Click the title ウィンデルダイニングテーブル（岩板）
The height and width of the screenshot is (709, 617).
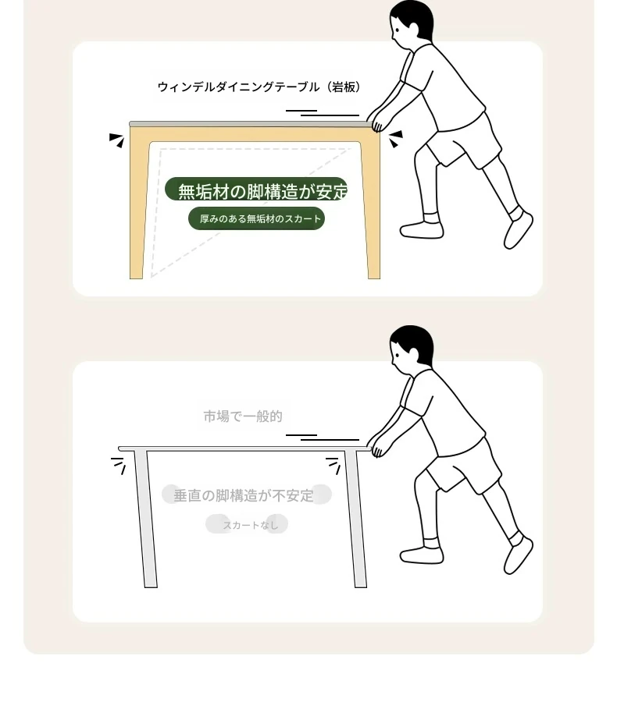coord(259,87)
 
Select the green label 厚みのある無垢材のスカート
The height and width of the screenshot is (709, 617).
coord(256,219)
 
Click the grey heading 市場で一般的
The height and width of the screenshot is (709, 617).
coord(243,416)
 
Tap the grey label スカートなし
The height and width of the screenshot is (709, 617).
coord(248,524)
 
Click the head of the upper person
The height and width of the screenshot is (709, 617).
coord(411,23)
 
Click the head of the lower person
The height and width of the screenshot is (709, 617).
coord(411,347)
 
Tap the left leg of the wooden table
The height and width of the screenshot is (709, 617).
coord(138,204)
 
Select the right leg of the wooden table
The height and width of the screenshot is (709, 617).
coord(370,204)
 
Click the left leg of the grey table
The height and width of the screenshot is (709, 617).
coord(145,519)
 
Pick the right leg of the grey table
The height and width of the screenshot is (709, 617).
coord(356,519)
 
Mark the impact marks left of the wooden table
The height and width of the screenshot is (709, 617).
coord(117,140)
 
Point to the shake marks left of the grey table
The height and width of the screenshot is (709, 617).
coord(119,466)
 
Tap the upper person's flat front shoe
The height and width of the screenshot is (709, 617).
coord(422,229)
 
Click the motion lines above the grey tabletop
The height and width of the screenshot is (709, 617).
coord(323,438)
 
